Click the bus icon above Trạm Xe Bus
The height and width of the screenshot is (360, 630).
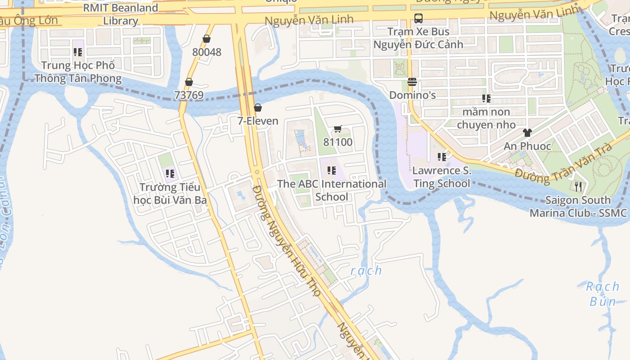(x=418, y=18)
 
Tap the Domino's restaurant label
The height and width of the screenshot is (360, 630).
(x=412, y=95)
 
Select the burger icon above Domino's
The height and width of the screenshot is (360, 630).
(x=412, y=82)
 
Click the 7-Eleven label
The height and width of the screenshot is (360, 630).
(x=258, y=121)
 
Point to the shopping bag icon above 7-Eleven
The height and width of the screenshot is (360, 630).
(x=258, y=108)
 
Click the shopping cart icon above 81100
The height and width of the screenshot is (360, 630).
(x=338, y=129)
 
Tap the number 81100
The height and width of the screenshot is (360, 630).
(x=338, y=142)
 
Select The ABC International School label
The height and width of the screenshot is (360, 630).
(x=332, y=190)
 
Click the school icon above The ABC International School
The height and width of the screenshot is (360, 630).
(x=332, y=171)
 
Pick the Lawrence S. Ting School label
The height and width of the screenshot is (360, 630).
(x=441, y=177)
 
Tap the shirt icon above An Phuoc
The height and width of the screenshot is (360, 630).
(x=527, y=133)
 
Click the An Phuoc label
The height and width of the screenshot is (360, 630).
(x=527, y=146)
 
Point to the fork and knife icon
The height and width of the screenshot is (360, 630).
(x=578, y=186)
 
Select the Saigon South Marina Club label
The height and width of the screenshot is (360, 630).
(x=578, y=206)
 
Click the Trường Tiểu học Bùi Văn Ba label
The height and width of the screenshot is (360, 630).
(x=170, y=193)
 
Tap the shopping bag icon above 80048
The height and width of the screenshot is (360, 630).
(x=207, y=39)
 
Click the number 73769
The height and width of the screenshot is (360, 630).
(x=189, y=95)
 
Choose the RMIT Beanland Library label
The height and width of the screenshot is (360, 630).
(x=121, y=14)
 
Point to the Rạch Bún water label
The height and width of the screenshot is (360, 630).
(x=603, y=293)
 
